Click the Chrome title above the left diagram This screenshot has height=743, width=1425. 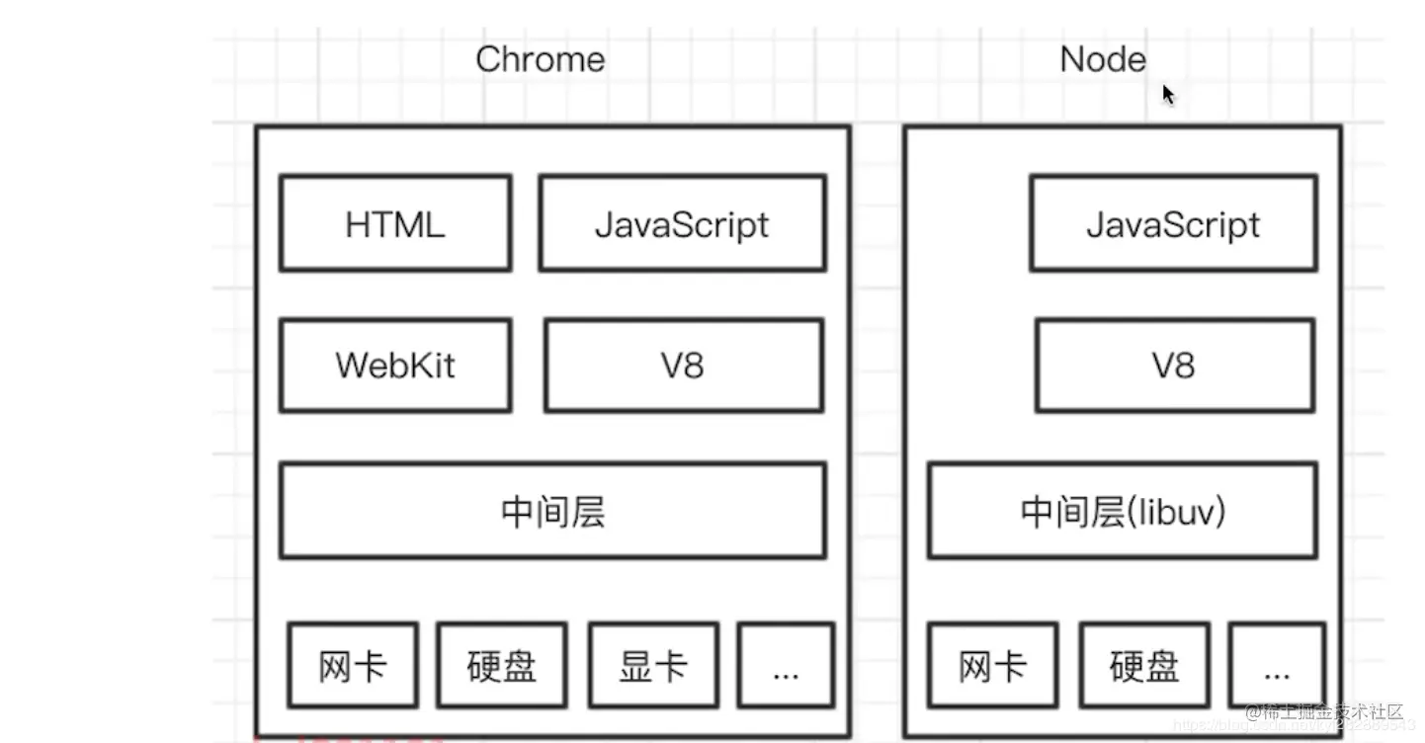pyautogui.click(x=540, y=59)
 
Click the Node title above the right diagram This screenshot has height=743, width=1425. pyautogui.click(x=1102, y=59)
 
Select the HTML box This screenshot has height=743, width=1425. pyautogui.click(x=395, y=224)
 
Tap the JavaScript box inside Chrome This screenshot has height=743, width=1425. pyautogui.click(x=682, y=224)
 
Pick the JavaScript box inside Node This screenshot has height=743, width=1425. pyautogui.click(x=1173, y=224)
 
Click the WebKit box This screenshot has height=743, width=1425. pyautogui.click(x=395, y=366)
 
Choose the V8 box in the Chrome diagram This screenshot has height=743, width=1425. pyautogui.click(x=683, y=366)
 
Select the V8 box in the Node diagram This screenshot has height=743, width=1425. pyautogui.click(x=1174, y=366)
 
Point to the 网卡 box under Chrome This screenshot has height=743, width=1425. pyautogui.click(x=353, y=665)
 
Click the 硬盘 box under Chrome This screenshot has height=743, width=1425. pyautogui.click(x=502, y=665)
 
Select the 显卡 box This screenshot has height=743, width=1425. pyautogui.click(x=652, y=665)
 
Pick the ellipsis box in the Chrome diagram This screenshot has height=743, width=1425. pyautogui.click(x=786, y=665)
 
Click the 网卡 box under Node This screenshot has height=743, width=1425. pyautogui.click(x=992, y=665)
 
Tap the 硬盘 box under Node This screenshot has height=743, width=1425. pyautogui.click(x=1143, y=665)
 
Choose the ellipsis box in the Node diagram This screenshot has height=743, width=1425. pyautogui.click(x=1277, y=665)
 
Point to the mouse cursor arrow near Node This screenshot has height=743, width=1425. pyautogui.click(x=1168, y=94)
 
